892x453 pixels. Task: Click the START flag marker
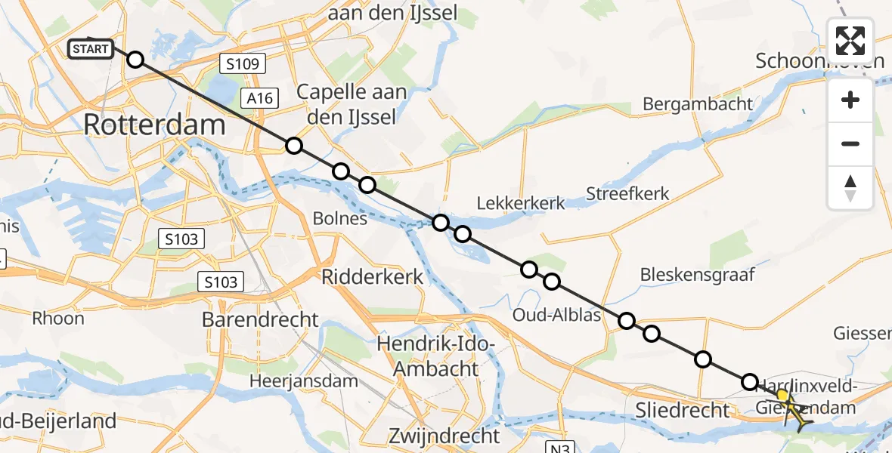[91, 50]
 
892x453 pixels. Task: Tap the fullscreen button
[850, 41]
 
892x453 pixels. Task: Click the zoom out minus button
[850, 143]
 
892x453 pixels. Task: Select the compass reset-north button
[850, 188]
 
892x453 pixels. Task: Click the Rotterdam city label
[154, 125]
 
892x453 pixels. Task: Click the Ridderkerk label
[373, 276]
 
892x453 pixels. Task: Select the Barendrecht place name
[260, 319]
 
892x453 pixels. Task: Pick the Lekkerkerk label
[521, 202]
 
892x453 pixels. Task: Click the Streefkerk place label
[628, 194]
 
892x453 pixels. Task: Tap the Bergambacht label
[698, 104]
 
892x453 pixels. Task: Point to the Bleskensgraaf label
[698, 275]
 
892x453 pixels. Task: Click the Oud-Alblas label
[556, 314]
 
